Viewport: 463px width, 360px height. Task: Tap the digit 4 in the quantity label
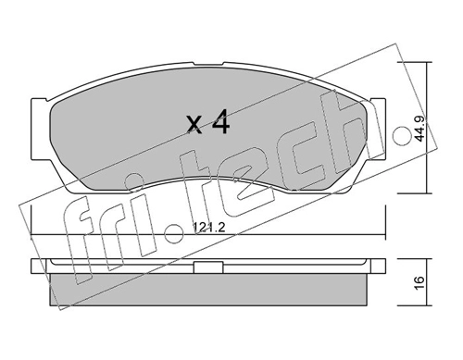coord(220,122)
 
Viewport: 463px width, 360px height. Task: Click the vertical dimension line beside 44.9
coord(428,129)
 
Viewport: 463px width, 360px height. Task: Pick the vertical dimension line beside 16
coord(428,281)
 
